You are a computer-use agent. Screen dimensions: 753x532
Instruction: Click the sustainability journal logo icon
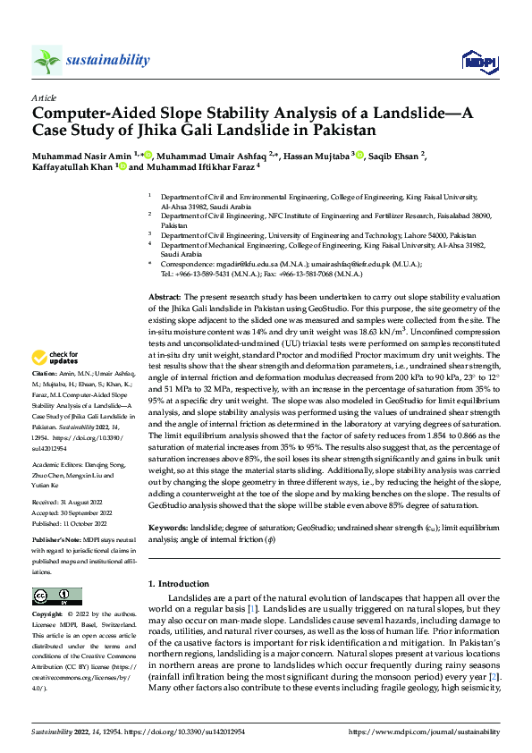pos(46,60)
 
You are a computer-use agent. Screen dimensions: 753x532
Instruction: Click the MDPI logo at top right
pos(476,61)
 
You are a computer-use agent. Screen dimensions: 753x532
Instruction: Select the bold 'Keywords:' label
pos(167,529)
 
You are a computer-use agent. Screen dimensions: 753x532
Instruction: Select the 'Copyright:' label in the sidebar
pos(49,615)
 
